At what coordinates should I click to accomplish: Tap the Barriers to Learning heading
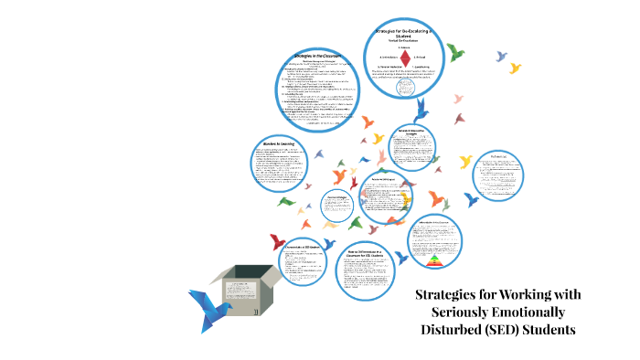[x=274, y=144]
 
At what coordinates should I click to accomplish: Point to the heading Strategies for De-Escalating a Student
[x=405, y=33]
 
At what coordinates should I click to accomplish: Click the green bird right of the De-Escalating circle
[x=454, y=53]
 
